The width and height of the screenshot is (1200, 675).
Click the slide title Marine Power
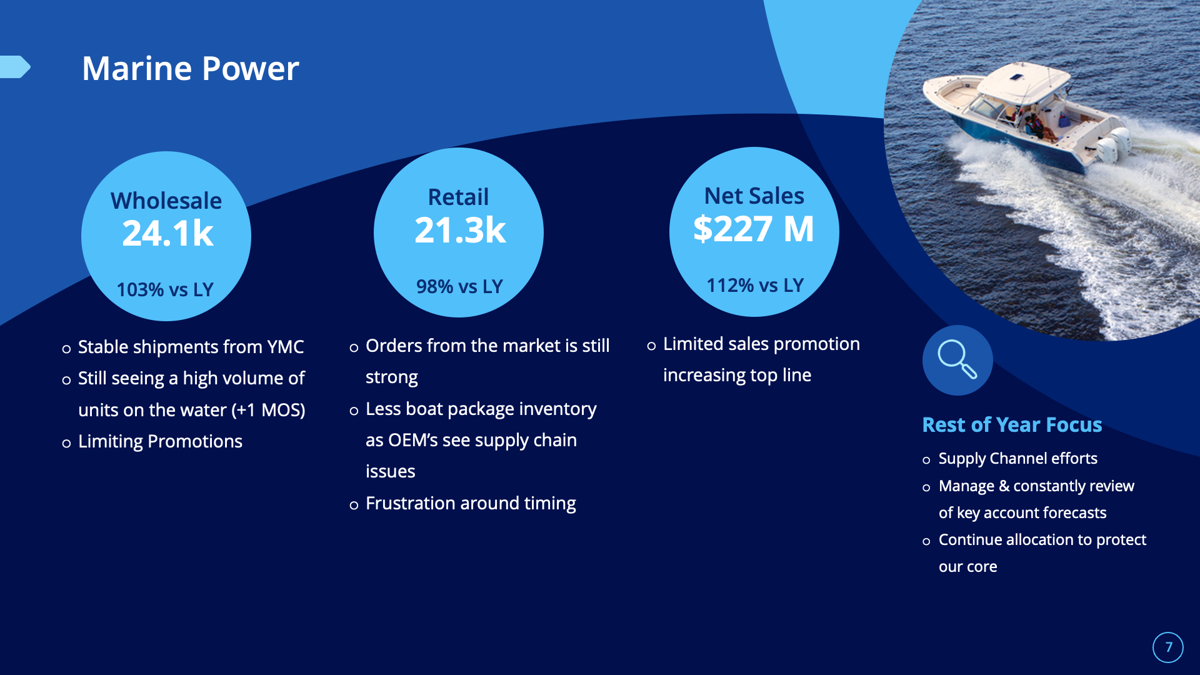[191, 68]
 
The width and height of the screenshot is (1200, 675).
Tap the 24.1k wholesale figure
[167, 233]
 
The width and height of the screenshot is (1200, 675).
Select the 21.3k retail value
[460, 230]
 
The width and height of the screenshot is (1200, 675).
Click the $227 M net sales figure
[754, 229]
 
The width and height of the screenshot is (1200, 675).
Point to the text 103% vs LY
[165, 289]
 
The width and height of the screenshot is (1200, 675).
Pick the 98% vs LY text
[459, 286]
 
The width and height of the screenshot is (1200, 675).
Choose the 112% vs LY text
[755, 285]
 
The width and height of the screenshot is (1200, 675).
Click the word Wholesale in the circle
[166, 201]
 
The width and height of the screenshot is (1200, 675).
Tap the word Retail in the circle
[458, 197]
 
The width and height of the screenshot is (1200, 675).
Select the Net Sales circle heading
[754, 196]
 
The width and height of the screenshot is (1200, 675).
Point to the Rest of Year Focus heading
[1012, 425]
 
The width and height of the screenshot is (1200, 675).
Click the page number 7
[1168, 647]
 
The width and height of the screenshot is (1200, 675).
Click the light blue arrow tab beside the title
[15, 67]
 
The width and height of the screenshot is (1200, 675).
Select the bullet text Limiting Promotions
[160, 441]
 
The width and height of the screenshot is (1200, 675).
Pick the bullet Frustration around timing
[471, 503]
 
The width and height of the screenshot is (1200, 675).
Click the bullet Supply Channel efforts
[1017, 459]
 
